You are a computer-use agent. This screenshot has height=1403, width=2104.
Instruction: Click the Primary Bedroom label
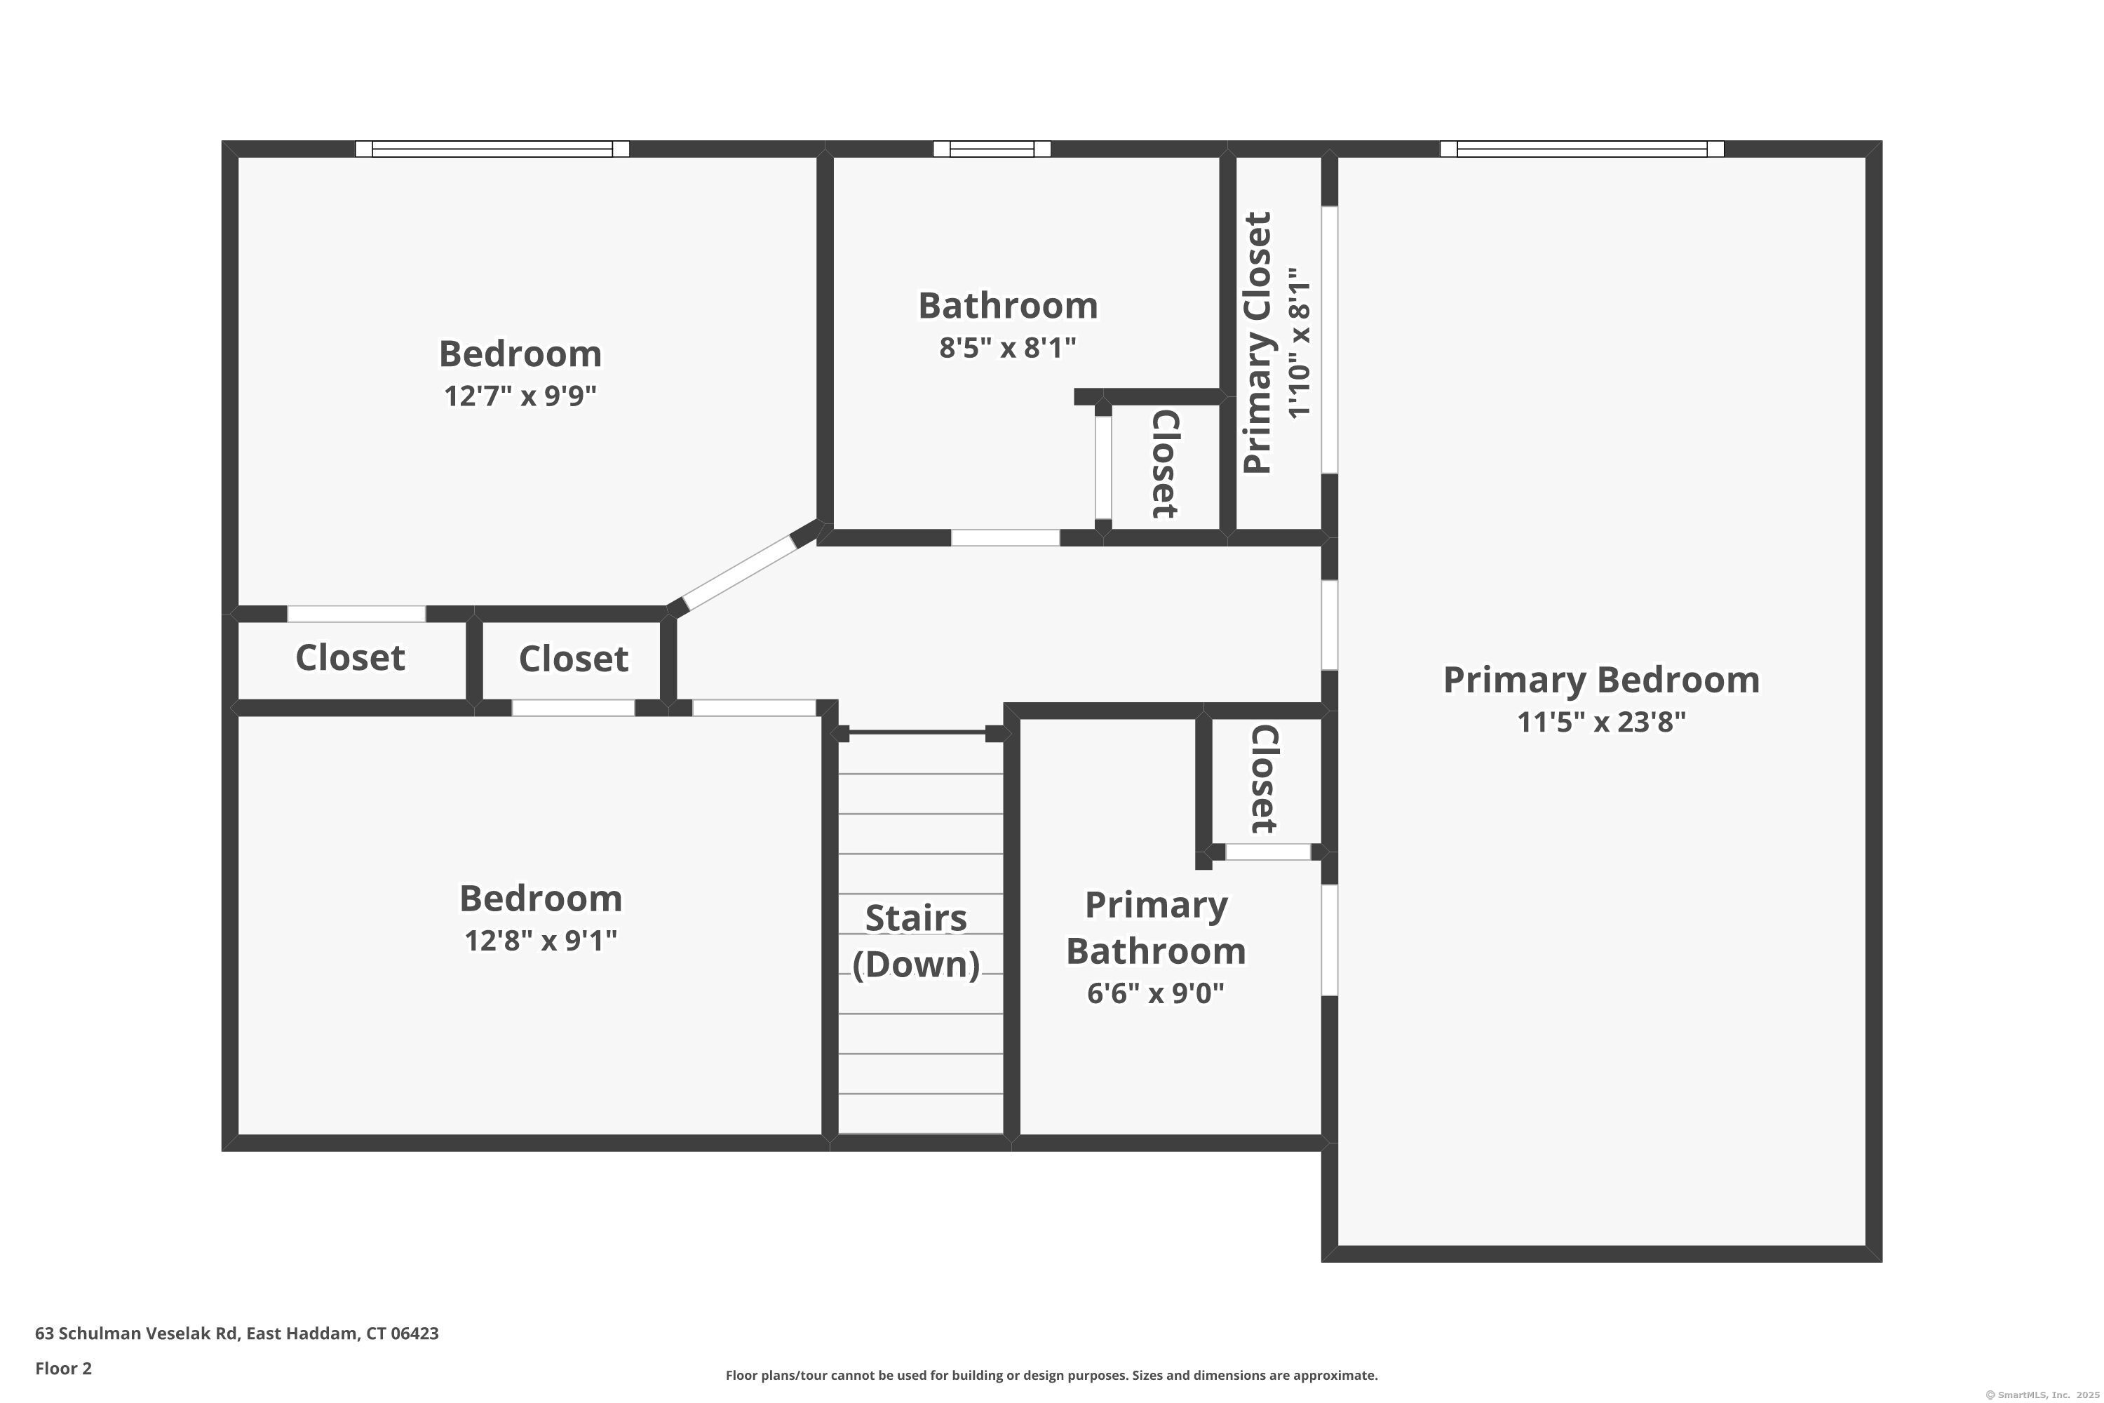click(x=1600, y=680)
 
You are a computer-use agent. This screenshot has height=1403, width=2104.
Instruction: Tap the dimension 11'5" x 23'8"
click(x=1600, y=722)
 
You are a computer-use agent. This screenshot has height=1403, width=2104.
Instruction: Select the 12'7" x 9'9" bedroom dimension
click(x=520, y=396)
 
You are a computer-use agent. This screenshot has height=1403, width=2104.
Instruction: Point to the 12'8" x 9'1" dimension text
click(x=540, y=941)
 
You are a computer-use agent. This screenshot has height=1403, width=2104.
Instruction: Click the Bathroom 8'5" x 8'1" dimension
click(x=1007, y=347)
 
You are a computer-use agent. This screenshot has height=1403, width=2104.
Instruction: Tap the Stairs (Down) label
click(x=916, y=941)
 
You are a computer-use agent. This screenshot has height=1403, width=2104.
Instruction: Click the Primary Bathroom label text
click(x=1156, y=928)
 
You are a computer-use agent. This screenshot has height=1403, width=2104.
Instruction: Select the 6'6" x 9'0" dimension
click(x=1156, y=993)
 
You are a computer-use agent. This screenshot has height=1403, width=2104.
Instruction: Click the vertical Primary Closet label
click(x=1257, y=343)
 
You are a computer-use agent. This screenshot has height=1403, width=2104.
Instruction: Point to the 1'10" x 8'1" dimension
click(x=1299, y=343)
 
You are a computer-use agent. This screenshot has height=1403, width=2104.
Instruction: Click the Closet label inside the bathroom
click(x=1163, y=464)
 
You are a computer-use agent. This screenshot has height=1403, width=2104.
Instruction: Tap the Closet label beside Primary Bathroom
click(x=1263, y=779)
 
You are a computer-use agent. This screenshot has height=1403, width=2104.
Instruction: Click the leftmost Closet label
click(x=350, y=658)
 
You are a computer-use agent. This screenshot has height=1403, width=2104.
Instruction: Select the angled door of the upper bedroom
click(x=739, y=572)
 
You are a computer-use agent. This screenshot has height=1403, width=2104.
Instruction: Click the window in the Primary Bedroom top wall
click(x=1582, y=149)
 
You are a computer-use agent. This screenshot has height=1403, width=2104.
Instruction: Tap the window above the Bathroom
click(x=991, y=149)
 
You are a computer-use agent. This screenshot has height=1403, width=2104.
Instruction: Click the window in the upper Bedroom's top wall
click(x=492, y=149)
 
